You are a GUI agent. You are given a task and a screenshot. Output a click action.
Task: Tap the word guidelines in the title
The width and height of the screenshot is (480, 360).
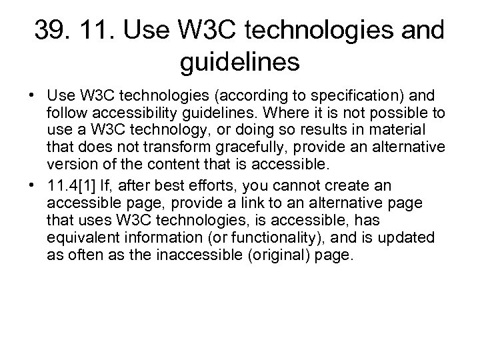[240, 64]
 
